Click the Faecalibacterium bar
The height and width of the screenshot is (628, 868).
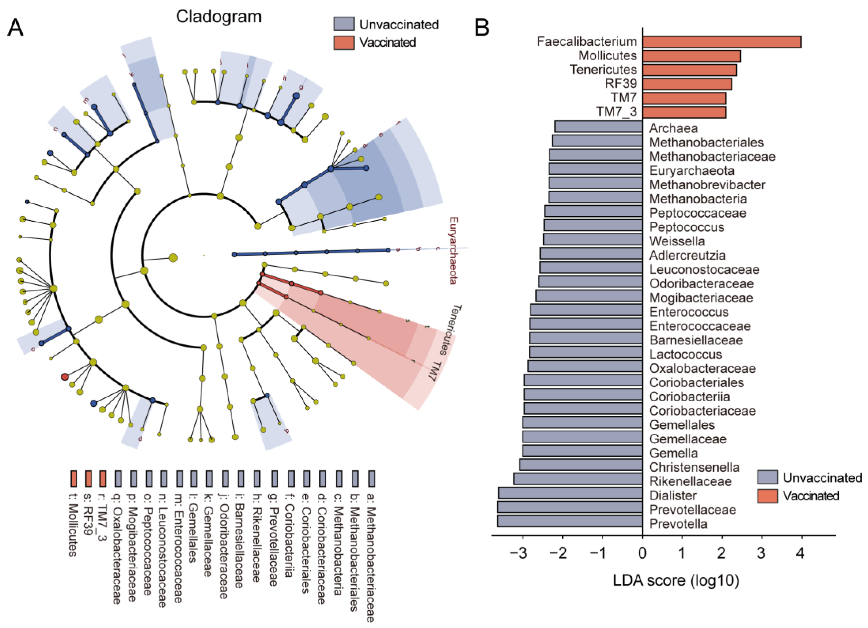[722, 42]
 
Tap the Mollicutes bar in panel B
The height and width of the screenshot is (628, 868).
[691, 56]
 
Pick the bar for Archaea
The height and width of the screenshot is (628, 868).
[598, 127]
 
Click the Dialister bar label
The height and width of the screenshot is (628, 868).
[673, 495]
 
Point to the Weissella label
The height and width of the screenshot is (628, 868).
[677, 241]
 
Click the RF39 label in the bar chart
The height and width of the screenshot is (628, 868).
[620, 84]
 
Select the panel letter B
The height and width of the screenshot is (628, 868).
[482, 28]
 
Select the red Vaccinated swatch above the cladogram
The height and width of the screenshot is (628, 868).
[344, 42]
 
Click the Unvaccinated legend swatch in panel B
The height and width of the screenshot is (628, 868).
[767, 478]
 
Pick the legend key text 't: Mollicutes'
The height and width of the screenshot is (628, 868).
[73, 530]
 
